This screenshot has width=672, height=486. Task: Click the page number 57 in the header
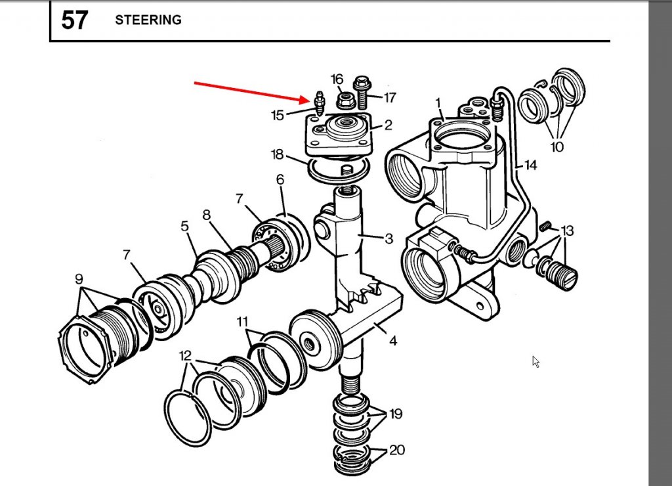pyautogui.click(x=74, y=20)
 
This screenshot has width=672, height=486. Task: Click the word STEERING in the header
pyautogui.click(x=148, y=20)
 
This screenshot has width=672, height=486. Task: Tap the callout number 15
pyautogui.click(x=278, y=116)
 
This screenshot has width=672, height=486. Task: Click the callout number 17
pyautogui.click(x=390, y=98)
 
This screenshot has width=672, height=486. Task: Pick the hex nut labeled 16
pyautogui.click(x=345, y=100)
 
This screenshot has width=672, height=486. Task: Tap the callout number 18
pyautogui.click(x=278, y=155)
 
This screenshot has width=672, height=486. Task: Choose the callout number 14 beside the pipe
pyautogui.click(x=530, y=166)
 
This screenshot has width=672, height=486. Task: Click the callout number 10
pyautogui.click(x=556, y=147)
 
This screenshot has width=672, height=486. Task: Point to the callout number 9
pyautogui.click(x=79, y=278)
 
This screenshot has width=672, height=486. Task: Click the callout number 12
pyautogui.click(x=186, y=356)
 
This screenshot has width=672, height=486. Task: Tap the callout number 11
pyautogui.click(x=242, y=322)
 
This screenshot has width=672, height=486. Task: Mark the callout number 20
pyautogui.click(x=396, y=451)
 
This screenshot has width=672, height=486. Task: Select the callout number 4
pyautogui.click(x=392, y=341)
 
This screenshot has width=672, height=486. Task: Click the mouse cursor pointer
pyautogui.click(x=535, y=361)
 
